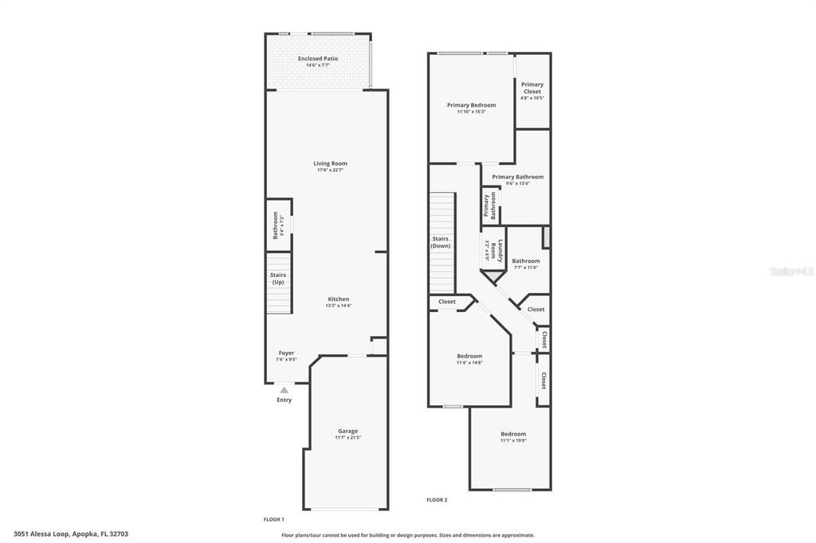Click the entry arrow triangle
284,390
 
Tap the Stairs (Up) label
278,278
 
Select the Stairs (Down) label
441,242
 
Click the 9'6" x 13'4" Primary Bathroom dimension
517,184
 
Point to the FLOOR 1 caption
273,519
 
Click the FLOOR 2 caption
437,499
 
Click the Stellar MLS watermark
790,271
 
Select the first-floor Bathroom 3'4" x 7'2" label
277,225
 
